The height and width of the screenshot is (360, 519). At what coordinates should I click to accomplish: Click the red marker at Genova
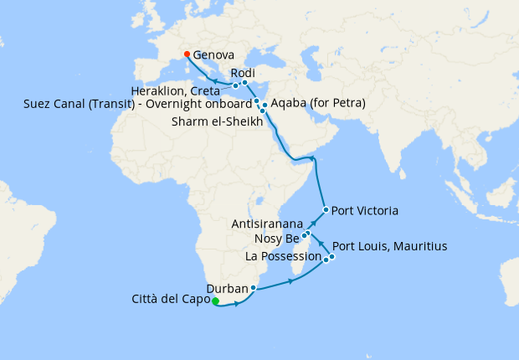click(186, 54)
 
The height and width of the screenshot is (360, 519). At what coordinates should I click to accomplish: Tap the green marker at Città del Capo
click(215, 301)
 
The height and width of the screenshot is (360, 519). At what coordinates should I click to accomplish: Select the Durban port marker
click(253, 288)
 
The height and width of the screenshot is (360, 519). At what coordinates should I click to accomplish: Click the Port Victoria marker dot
click(326, 210)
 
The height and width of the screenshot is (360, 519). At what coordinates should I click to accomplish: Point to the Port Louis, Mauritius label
click(390, 247)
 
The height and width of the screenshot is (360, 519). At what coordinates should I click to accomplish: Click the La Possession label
click(283, 256)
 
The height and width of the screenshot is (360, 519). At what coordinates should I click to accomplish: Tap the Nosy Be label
click(276, 239)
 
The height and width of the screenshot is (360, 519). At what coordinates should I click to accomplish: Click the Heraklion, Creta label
click(180, 90)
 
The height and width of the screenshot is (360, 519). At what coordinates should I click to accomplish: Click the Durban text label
click(226, 289)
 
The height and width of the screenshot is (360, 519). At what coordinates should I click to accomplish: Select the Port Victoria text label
click(365, 210)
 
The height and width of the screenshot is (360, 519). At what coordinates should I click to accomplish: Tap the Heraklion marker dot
click(236, 85)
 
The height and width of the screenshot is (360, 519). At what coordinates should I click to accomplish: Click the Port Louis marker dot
click(332, 256)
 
